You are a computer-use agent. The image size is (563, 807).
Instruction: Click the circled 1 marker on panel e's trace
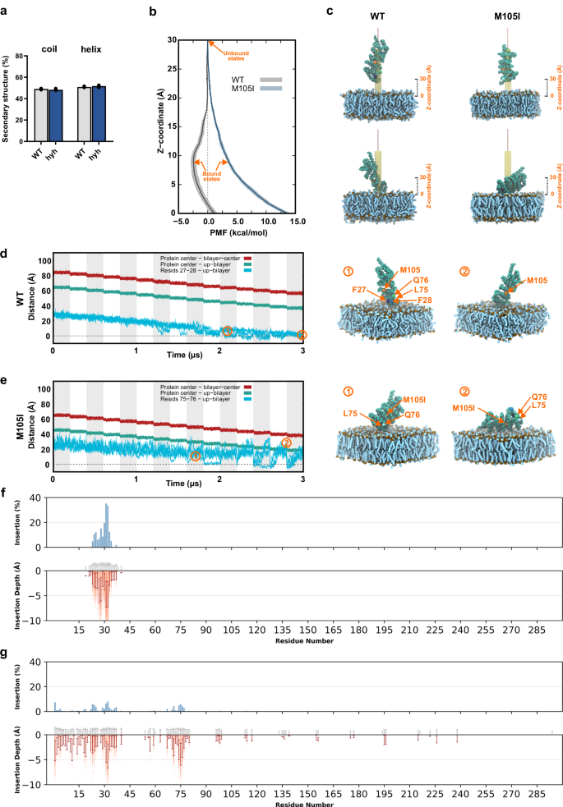click(x=195, y=456)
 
